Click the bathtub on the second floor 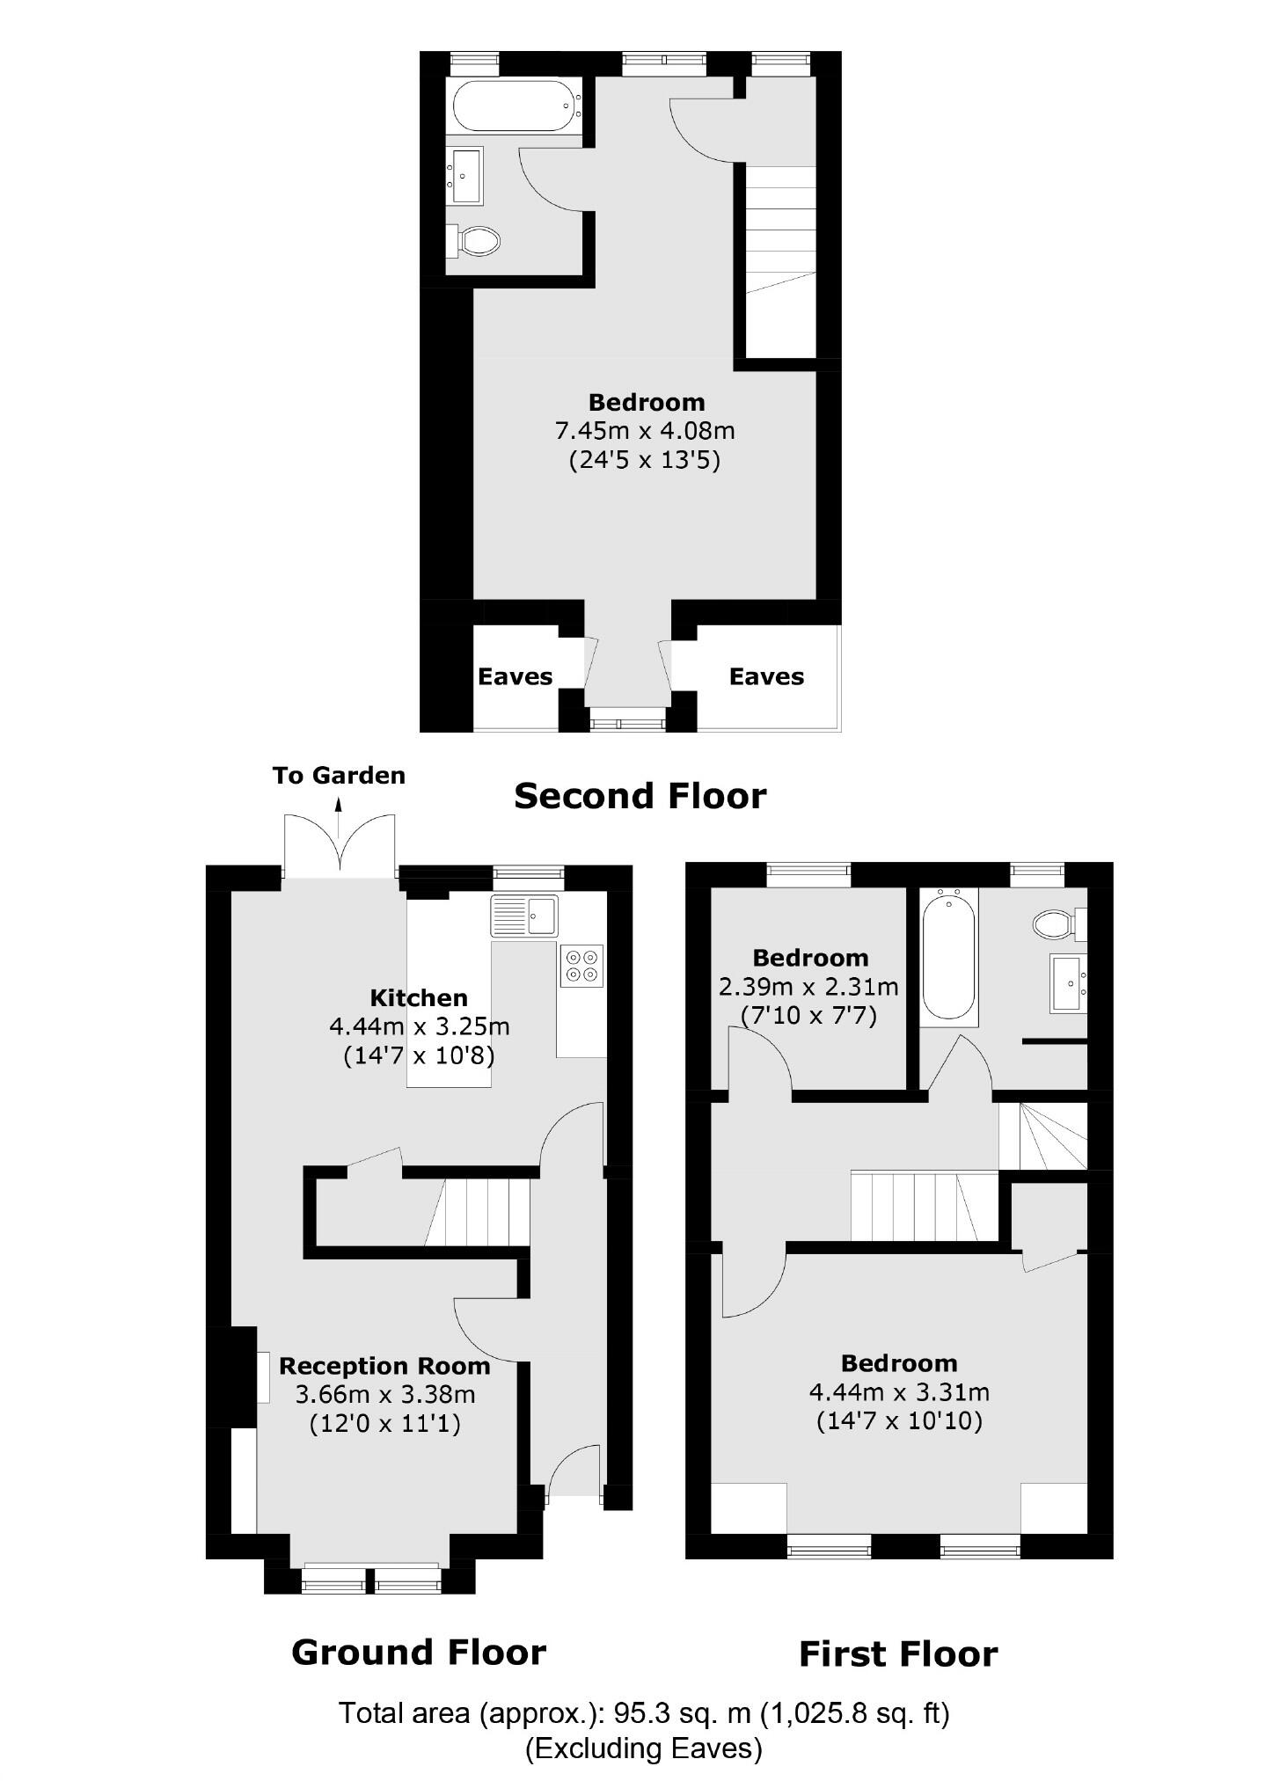515,106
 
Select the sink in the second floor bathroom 465,175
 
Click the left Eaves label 515,676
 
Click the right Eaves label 766,676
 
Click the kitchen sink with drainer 525,916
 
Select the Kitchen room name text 419,997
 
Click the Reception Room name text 384,1366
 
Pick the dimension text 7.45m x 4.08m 645,431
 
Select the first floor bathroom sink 1068,983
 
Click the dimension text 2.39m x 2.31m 808,987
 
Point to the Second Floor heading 640,796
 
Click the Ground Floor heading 419,1653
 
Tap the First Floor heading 898,1654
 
